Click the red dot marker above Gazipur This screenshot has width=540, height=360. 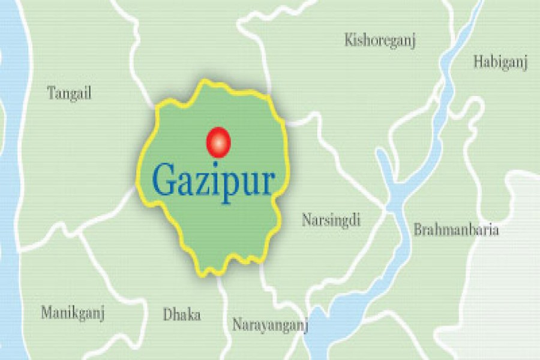(218, 143)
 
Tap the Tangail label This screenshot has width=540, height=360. (69, 94)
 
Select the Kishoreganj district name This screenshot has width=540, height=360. (380, 41)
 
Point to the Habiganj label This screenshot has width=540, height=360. (500, 62)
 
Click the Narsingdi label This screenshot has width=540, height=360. (331, 220)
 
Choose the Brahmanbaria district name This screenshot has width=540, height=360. (456, 230)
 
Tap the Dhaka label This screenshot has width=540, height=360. (182, 315)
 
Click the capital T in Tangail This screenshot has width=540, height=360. (51, 92)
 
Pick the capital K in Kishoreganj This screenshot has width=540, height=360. (349, 40)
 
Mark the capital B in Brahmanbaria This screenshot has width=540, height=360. (417, 230)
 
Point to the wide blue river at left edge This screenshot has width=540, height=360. (13, 180)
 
